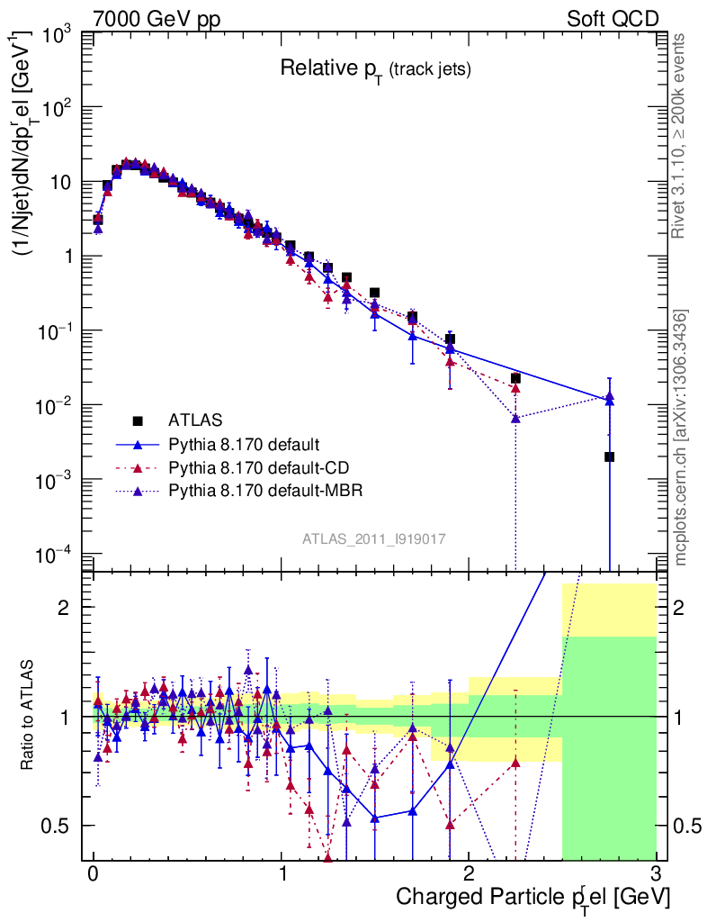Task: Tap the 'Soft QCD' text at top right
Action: [x=613, y=19]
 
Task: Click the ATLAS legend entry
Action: [x=194, y=420]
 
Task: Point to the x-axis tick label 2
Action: [x=469, y=875]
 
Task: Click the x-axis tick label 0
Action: [x=93, y=875]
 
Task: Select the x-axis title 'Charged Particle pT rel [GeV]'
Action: [x=532, y=898]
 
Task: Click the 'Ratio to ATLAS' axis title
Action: [x=28, y=715]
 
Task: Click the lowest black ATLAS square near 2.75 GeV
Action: [x=609, y=456]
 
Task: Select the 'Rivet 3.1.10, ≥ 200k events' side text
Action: [x=680, y=136]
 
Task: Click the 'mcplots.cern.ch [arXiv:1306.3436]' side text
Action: [x=681, y=438]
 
